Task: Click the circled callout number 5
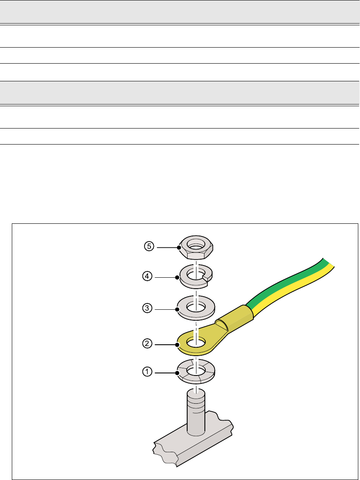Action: (147, 247)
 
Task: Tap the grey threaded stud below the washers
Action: (195, 413)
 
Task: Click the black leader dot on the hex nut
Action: (179, 247)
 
